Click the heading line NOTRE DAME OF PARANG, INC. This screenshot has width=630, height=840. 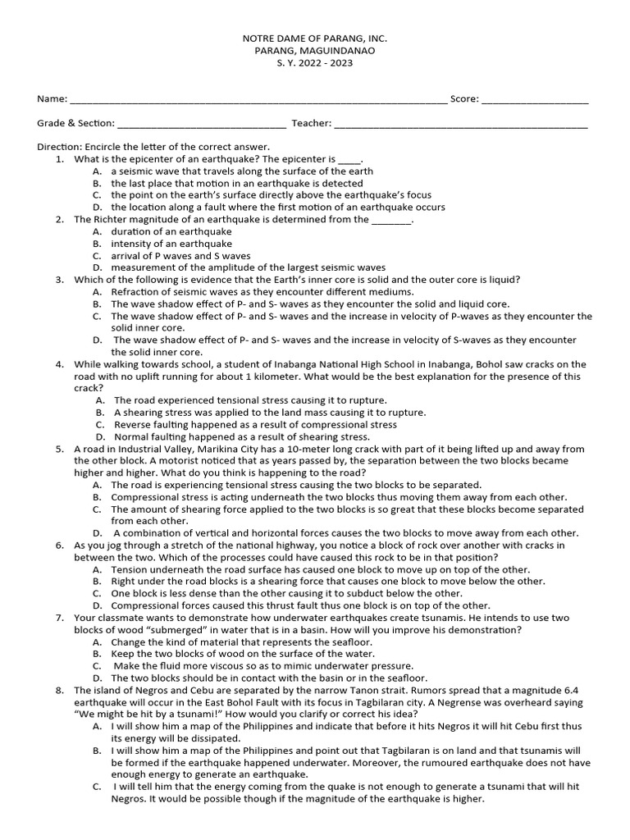click(314, 39)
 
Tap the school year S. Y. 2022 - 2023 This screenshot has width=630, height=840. click(314, 62)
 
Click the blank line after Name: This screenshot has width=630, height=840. click(258, 99)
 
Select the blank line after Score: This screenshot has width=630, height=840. click(534, 99)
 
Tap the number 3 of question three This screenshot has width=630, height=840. click(60, 280)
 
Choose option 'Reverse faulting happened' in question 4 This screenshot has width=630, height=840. click(255, 425)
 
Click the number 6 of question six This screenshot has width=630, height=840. click(60, 546)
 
